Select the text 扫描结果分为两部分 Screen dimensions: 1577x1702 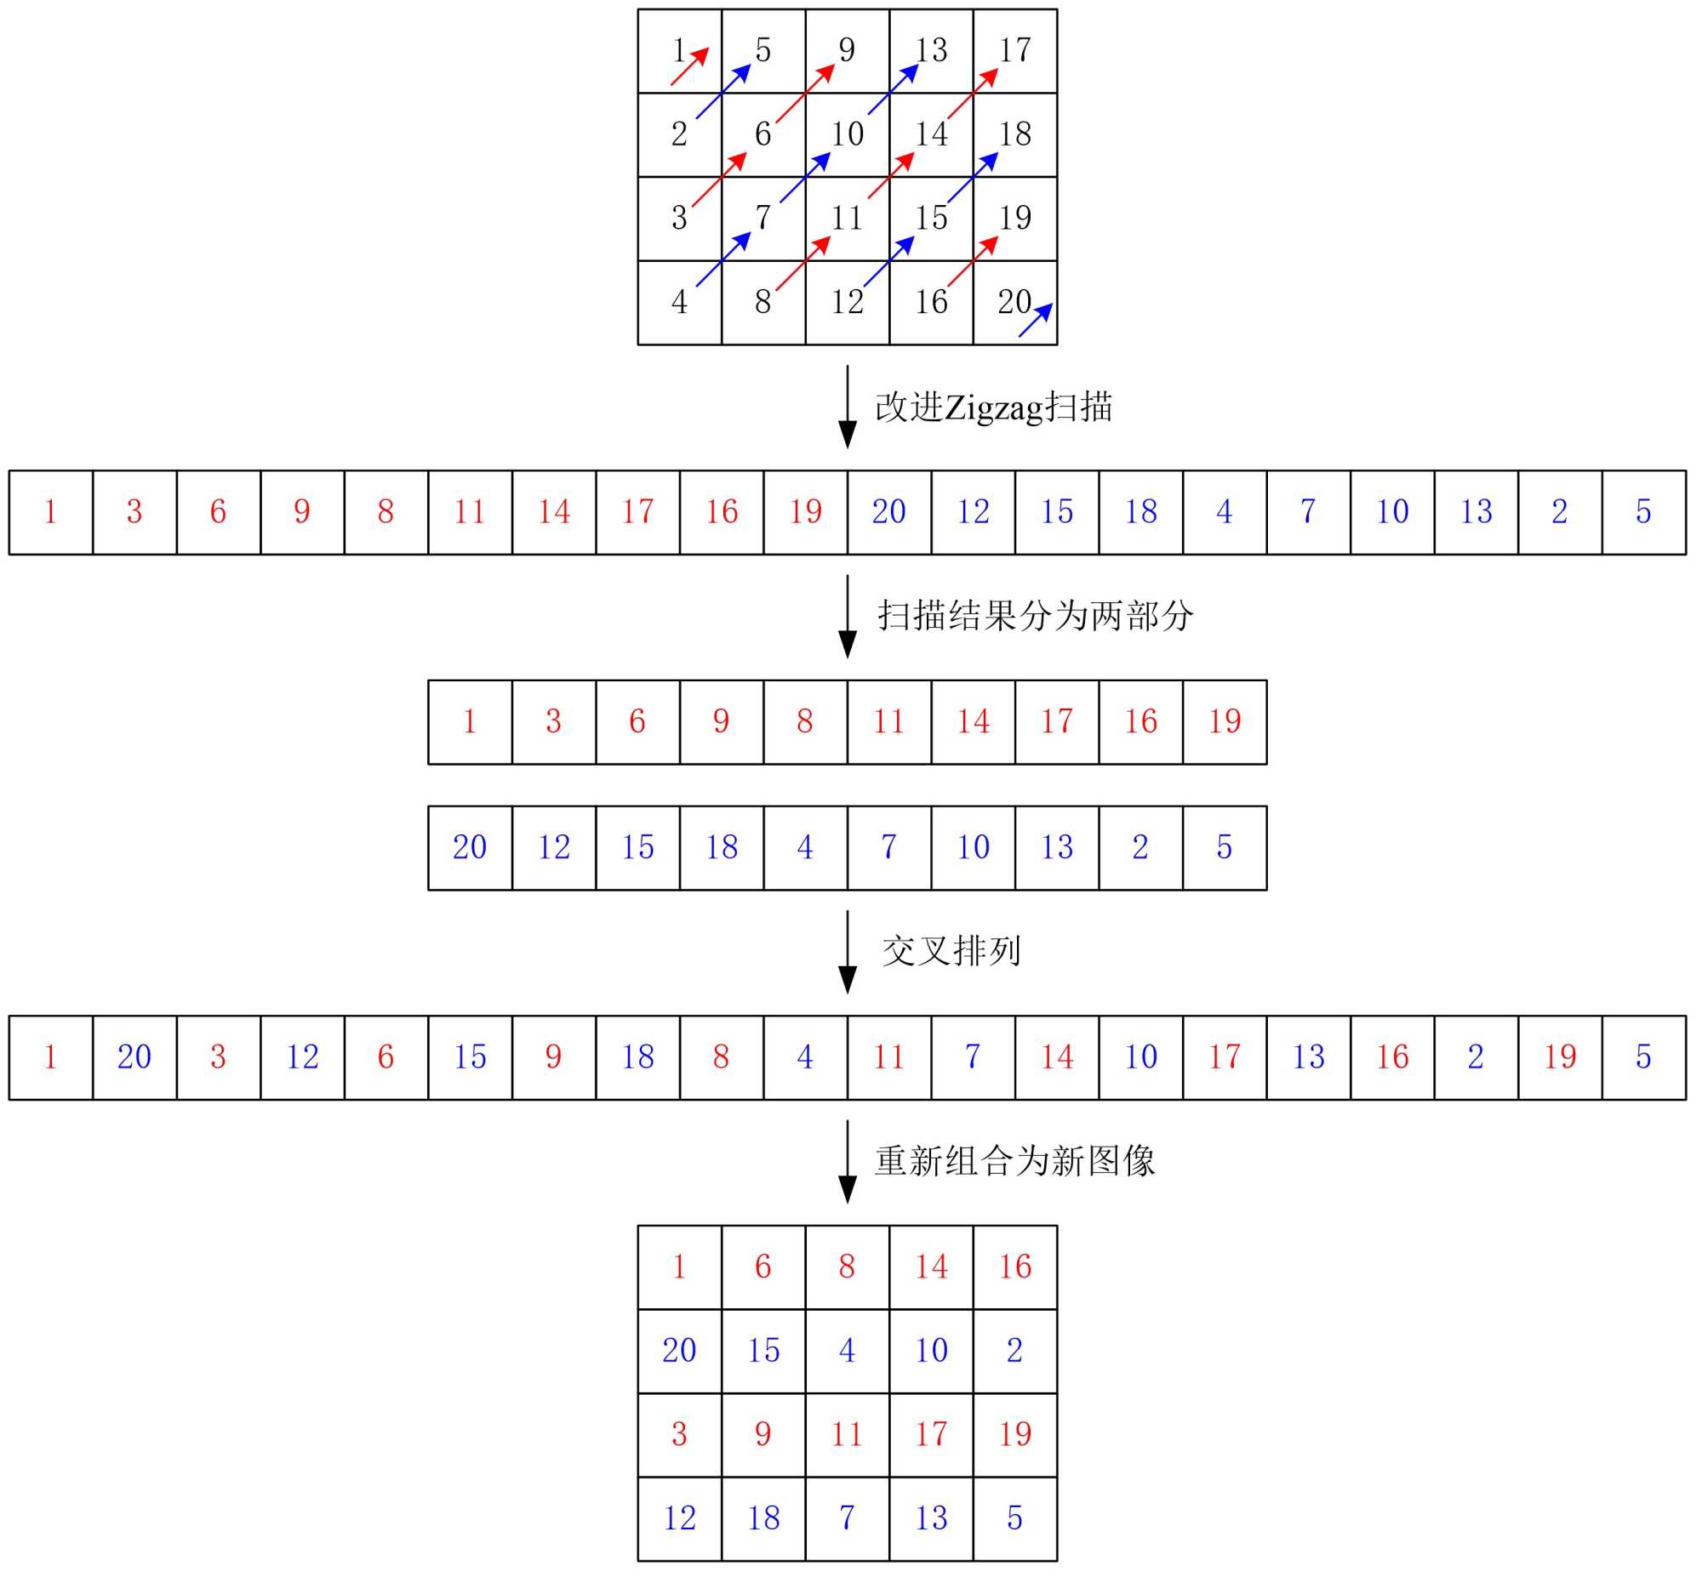pos(1035,616)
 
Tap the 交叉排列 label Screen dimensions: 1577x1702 pos(951,951)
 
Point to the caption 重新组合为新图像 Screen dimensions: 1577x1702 pos(1014,1161)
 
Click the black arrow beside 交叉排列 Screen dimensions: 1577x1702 pos(848,952)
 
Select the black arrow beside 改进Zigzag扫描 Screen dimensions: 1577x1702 pos(848,407)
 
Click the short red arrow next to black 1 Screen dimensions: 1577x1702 pos(690,65)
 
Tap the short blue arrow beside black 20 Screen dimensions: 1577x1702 pos(1036,320)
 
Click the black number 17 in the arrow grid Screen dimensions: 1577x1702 pos(1015,50)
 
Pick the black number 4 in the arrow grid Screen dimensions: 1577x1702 pos(679,302)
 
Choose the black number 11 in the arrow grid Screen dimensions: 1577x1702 pos(847,219)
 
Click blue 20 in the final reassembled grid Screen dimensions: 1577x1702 pos(679,1351)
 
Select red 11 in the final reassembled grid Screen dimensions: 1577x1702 pos(847,1434)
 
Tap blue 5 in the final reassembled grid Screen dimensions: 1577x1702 pos(1014,1518)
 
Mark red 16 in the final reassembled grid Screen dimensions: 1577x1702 pos(1015,1267)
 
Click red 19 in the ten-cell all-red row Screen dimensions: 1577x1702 pos(1224,722)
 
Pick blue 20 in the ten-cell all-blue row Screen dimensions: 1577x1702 pos(470,847)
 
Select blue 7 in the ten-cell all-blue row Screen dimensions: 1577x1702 pos(888,847)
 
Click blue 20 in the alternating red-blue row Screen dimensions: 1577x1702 pos(134,1057)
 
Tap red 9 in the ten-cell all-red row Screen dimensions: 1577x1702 pos(722,722)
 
